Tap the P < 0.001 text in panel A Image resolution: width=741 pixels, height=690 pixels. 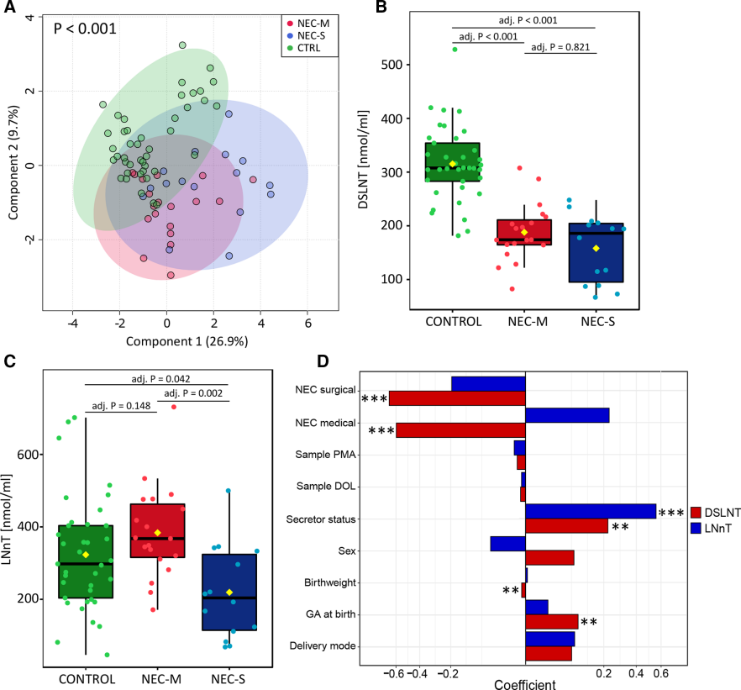[x=84, y=29]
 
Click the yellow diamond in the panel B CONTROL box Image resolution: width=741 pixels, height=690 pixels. [x=452, y=164]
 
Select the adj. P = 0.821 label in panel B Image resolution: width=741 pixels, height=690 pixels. [x=561, y=48]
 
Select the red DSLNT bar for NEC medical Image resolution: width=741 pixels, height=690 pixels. [x=460, y=429]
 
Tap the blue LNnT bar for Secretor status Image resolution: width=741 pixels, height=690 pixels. [x=591, y=511]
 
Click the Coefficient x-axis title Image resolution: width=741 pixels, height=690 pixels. [x=525, y=683]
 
